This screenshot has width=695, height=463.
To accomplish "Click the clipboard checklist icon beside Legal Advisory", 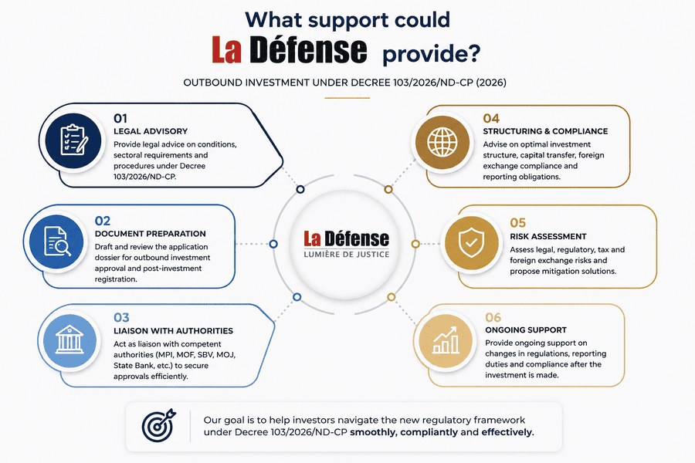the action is pos(73,140).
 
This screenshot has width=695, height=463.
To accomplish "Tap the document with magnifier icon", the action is pos(57,242).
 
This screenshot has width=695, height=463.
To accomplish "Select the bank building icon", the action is pos(69,340).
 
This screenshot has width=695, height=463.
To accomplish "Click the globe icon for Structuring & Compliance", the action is pos(442,142).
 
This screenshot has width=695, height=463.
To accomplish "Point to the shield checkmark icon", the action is pos(471,243).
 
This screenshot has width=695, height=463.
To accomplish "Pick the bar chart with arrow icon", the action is pos(446,340).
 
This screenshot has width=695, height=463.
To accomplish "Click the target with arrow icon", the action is pos(158,425).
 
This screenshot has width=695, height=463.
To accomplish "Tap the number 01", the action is pos(120,118).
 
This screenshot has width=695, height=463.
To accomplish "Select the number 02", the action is pos(103,221).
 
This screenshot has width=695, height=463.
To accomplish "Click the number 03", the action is pos(121,317).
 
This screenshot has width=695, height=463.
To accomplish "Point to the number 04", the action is pos(491,118).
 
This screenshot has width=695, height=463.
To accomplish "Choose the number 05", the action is pos(517,222).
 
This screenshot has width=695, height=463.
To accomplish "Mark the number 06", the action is pos(493,317).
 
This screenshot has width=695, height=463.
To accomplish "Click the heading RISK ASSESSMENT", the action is pos(548,237).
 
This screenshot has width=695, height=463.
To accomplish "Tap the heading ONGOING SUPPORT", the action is pos(526,330).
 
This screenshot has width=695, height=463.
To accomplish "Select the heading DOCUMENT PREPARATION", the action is pos(151,234).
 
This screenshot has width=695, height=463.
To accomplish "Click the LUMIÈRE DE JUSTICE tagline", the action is pos(347,255).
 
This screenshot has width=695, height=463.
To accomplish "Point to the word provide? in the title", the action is pos(431,54).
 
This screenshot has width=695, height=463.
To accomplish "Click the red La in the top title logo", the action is pos(226,49).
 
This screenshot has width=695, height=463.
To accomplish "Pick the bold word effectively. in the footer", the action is pos(508,432).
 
